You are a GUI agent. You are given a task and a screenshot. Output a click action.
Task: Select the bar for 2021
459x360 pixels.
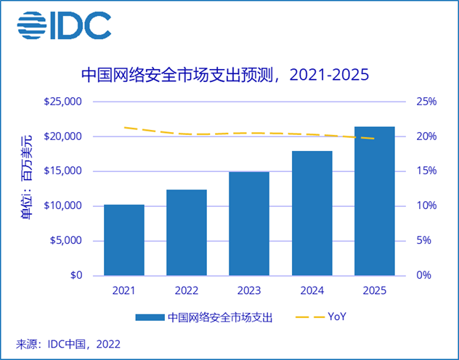coord(123,240)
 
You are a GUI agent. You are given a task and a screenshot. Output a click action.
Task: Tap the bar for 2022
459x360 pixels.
coord(186,232)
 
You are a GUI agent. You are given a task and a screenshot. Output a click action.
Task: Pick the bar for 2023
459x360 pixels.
coord(249,224)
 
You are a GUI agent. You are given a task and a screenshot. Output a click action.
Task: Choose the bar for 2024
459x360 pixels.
coord(312,213)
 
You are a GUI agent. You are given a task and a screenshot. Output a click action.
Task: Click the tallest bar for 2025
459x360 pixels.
coord(374,201)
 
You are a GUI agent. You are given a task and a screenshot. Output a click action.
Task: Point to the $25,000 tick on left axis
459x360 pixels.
coord(63,102)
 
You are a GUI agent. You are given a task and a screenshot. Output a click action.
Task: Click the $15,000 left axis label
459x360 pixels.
coord(63,171)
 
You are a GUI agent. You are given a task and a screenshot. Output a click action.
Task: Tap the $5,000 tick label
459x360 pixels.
coord(66,241)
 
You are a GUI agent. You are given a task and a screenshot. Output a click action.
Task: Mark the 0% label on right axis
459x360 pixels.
coord(424,276)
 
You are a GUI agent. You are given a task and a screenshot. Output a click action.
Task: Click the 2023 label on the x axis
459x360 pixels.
coord(249,290)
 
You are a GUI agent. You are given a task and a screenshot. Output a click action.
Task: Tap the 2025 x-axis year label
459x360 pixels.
coord(374,290)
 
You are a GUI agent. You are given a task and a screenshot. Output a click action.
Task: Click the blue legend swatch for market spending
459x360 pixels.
coord(149,317)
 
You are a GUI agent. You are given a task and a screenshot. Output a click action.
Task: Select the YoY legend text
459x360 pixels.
coord(337,317)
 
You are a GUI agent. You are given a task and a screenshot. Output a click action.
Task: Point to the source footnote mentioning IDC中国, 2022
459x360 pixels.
coord(68,343)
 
